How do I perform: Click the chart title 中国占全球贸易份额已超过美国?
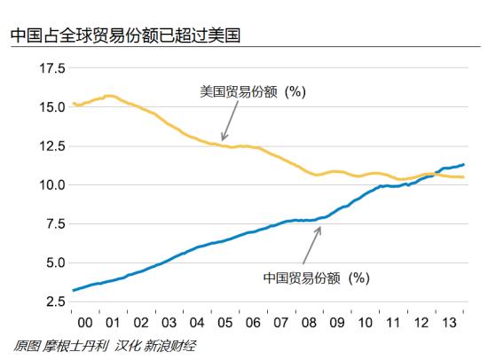click(124, 36)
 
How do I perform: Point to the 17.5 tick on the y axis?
click(49, 68)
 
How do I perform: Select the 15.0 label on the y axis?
click(49, 107)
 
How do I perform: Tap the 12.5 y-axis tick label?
click(49, 146)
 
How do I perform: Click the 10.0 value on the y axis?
click(49, 185)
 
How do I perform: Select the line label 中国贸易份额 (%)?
click(315, 278)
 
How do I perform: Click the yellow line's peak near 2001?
click(110, 96)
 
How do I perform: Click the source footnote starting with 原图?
click(106, 346)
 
